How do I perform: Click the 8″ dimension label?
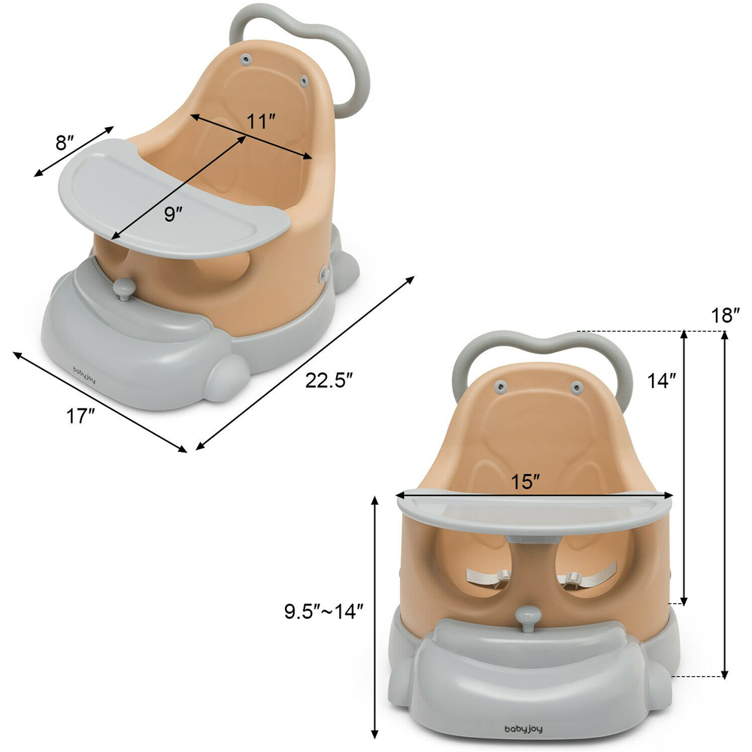click(x=64, y=142)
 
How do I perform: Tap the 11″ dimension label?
click(x=260, y=122)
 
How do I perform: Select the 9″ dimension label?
click(x=173, y=214)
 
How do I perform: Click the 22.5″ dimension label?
click(x=329, y=381)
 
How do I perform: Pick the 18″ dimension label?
click(x=726, y=316)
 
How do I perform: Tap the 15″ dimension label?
click(x=525, y=481)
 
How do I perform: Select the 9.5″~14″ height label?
click(x=323, y=611)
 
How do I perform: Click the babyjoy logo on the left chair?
click(x=84, y=375)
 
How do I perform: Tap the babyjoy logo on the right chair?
click(x=523, y=729)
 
